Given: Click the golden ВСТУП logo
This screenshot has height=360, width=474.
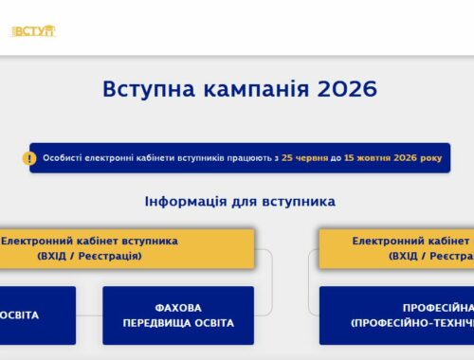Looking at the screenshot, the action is (x=33, y=31).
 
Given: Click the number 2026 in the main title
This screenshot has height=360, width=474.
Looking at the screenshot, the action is (x=347, y=89).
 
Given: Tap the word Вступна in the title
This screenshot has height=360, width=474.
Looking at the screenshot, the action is (x=149, y=89).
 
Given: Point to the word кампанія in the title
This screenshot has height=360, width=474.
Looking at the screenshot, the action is (x=256, y=89).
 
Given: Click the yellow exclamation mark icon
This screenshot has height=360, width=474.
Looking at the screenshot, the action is (x=29, y=158).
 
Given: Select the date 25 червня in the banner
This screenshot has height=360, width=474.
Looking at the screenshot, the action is (x=304, y=158).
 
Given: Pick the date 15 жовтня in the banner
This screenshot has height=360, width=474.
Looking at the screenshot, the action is (x=367, y=158).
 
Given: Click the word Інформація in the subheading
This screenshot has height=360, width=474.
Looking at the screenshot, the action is (x=186, y=202).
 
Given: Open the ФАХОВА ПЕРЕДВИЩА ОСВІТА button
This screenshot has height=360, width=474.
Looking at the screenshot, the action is (x=178, y=315).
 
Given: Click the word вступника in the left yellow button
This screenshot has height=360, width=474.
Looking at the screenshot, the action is (x=150, y=242).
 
